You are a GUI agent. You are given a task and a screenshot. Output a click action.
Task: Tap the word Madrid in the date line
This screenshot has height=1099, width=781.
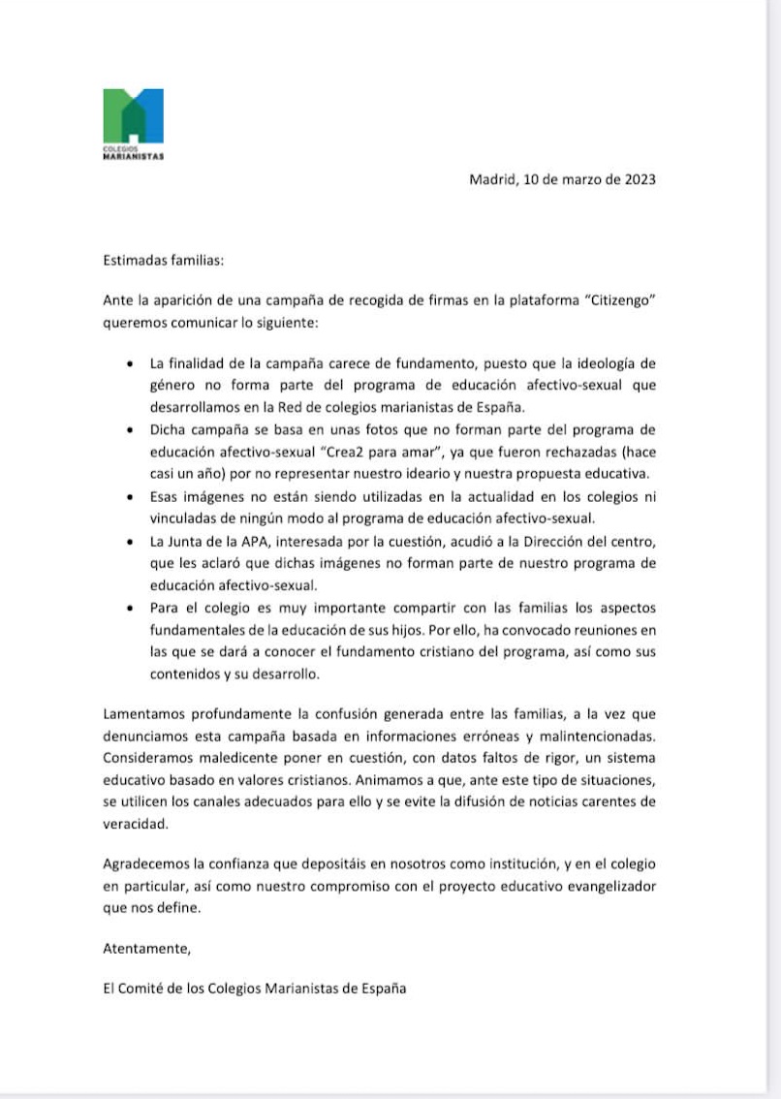coord(491,179)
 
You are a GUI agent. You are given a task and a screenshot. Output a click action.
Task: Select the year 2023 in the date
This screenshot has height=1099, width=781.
coord(638,179)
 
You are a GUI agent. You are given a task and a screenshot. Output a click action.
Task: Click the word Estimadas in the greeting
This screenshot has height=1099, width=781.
coord(135,260)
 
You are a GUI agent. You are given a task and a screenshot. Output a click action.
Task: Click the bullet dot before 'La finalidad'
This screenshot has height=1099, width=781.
coord(131,365)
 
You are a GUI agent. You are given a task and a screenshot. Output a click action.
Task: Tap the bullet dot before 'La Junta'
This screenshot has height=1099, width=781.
coord(131,544)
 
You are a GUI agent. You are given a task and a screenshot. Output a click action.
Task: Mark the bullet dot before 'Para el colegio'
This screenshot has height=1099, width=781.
coord(131,609)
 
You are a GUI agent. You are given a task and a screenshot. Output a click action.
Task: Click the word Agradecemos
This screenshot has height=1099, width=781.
coord(147,863)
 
